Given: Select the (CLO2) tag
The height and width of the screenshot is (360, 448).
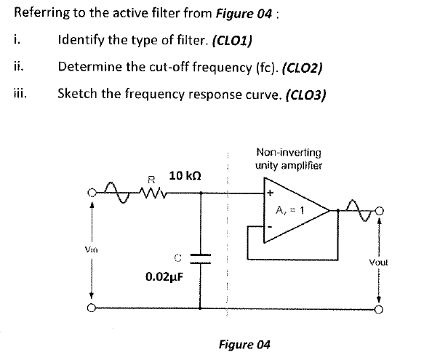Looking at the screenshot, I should click(297, 67).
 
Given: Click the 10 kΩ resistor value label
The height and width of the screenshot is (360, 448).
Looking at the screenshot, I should click(185, 176).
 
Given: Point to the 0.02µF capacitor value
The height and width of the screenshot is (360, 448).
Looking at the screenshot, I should click(164, 276).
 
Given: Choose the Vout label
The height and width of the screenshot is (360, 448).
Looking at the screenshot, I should click(379, 260).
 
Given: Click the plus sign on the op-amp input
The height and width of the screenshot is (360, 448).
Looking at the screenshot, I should click(269, 194).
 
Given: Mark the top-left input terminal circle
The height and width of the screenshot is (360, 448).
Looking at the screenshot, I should click(91, 193).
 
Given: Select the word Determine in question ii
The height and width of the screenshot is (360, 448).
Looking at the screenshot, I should click(89, 67).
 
